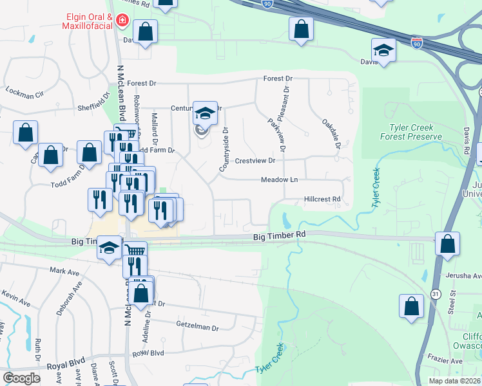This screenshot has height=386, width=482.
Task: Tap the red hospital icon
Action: [x=120, y=23]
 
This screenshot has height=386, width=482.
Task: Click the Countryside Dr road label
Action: [x=224, y=149]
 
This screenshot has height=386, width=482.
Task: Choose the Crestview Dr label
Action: [x=255, y=161]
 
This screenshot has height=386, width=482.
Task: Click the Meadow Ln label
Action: [x=279, y=180]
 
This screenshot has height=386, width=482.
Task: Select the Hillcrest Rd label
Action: [x=322, y=199]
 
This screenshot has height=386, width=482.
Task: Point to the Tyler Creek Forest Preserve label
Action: [x=416, y=132]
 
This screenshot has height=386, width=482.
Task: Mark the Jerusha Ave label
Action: [x=464, y=275]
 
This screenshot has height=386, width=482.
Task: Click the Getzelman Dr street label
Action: [x=198, y=327]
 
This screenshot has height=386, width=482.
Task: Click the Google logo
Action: [x=22, y=378]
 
